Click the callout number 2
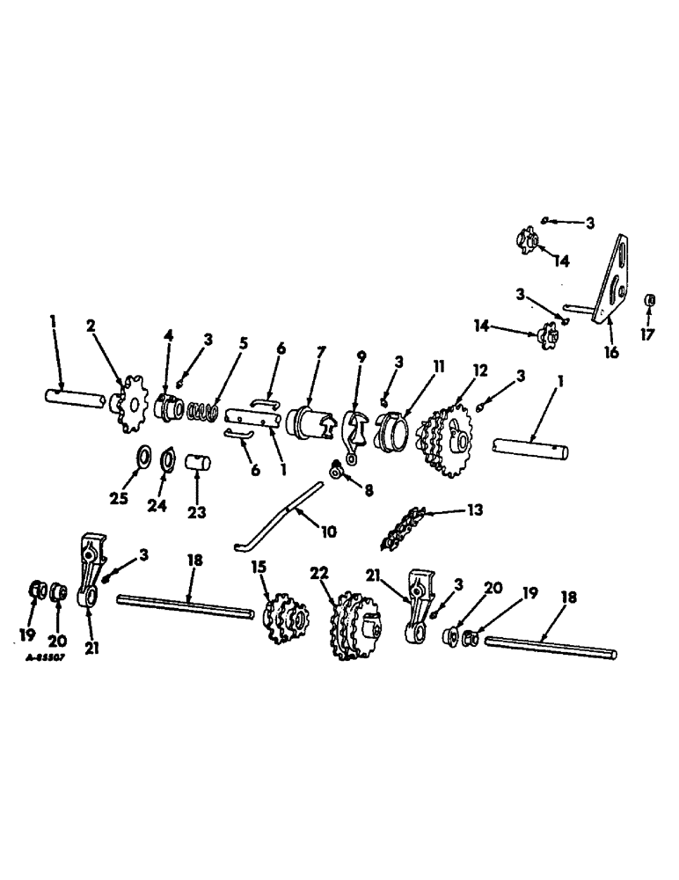(91, 326)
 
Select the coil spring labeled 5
(204, 411)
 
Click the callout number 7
(321, 352)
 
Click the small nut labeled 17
(649, 301)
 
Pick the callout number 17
(649, 335)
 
